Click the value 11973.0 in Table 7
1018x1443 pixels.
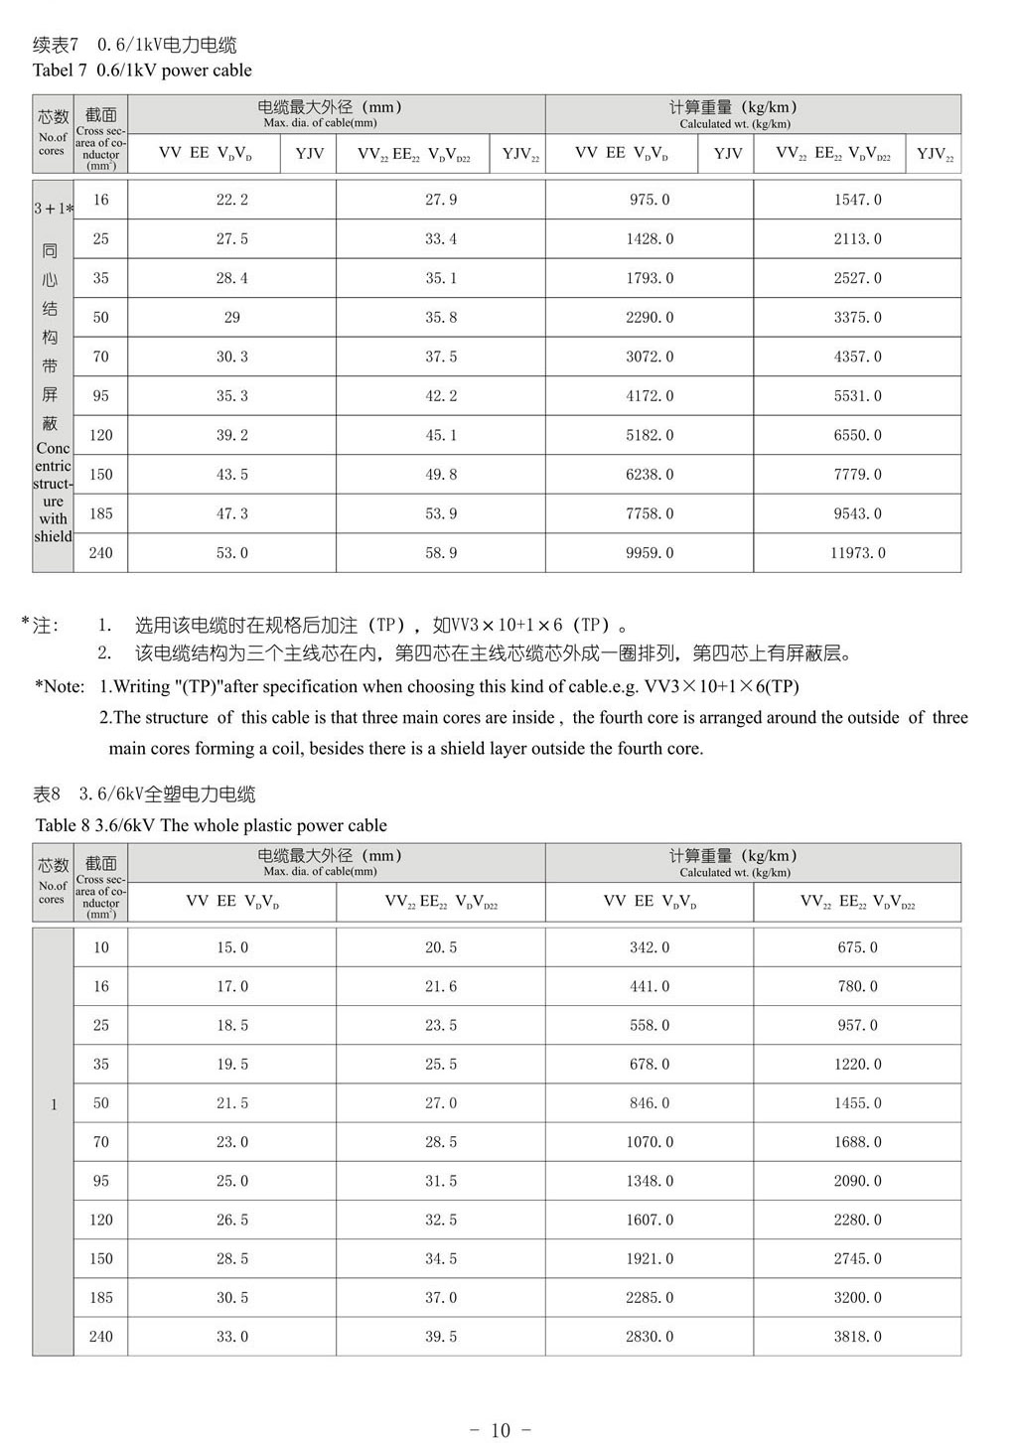tap(857, 553)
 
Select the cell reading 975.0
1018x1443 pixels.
tap(650, 200)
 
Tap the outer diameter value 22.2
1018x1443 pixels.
tap(232, 200)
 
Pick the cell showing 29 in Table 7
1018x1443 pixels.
tap(232, 318)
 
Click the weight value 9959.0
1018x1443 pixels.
tap(650, 553)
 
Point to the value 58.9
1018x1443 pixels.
tap(441, 553)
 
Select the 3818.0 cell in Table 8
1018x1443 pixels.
tap(857, 1337)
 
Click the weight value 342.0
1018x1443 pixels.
tap(650, 947)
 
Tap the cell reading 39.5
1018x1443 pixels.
tap(441, 1337)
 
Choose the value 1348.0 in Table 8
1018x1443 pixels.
tap(650, 1181)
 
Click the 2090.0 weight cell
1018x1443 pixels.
tap(857, 1181)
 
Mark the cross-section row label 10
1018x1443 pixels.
tap(101, 947)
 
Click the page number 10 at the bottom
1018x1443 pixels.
tap(500, 1430)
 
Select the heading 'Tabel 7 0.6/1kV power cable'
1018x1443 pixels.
tap(142, 71)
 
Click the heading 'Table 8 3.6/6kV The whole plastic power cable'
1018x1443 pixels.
tap(211, 825)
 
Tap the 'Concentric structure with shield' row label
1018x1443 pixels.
tap(54, 493)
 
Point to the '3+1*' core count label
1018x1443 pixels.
tap(54, 209)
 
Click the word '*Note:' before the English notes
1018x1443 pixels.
tap(60, 686)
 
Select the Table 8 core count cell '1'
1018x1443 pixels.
tap(54, 1104)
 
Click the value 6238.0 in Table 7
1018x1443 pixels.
tap(650, 475)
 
